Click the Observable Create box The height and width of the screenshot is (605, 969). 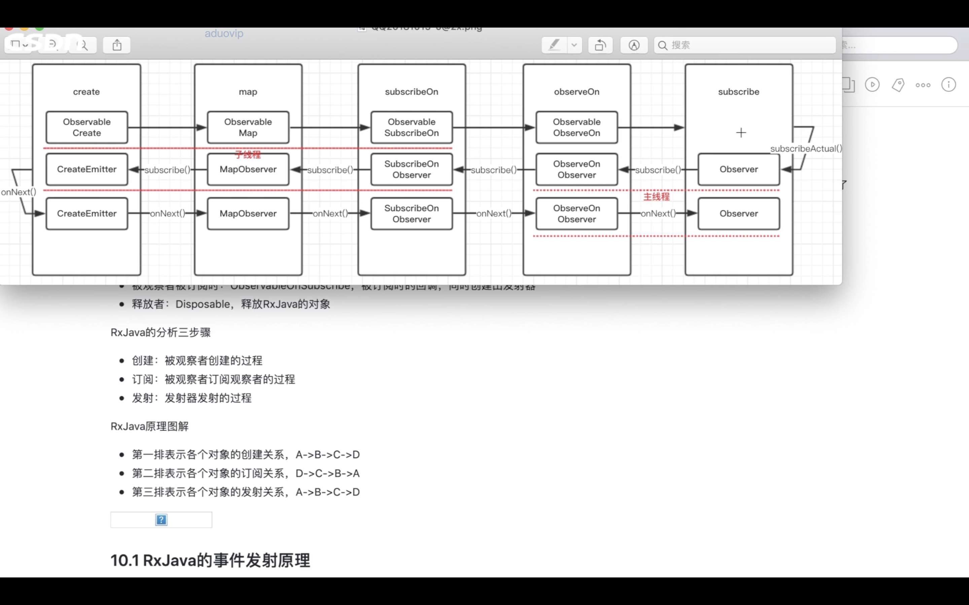coord(87,127)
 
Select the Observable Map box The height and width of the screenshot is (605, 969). coord(248,127)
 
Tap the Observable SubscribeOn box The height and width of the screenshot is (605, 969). coord(411,127)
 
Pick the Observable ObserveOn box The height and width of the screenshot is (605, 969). coord(577,127)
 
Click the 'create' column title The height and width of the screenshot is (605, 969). coord(86,92)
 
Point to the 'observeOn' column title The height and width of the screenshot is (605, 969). coord(577,92)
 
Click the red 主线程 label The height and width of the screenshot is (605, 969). coord(656,197)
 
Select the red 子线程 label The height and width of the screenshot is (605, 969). coord(248,155)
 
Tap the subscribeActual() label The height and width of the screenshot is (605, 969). coord(805,149)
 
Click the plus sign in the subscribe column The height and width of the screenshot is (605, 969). coord(741,133)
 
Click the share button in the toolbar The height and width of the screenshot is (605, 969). coord(117,45)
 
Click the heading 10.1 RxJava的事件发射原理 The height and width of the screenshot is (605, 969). coord(210,560)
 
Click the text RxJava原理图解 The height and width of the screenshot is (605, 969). coord(149,426)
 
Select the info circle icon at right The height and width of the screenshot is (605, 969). coord(948,85)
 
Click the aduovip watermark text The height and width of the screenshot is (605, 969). coord(224,33)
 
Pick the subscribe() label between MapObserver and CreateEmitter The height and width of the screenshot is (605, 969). coord(167,170)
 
